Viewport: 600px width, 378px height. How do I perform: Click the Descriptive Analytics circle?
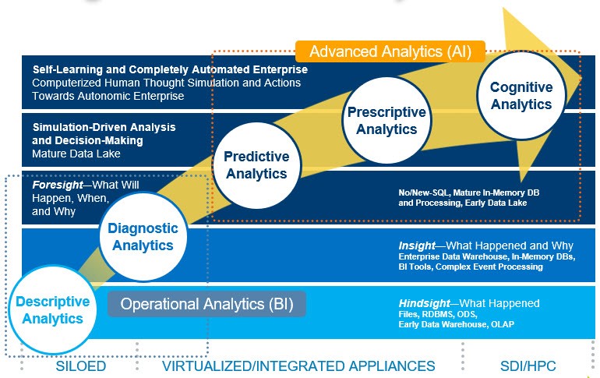[x=48, y=309]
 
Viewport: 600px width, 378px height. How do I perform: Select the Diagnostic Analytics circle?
[x=143, y=237]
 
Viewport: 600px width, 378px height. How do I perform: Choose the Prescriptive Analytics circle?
[x=386, y=120]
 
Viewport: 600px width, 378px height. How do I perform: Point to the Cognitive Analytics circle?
[x=515, y=95]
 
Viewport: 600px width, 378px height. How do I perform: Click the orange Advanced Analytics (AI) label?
[x=390, y=51]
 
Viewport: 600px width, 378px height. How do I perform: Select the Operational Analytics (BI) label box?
[x=206, y=304]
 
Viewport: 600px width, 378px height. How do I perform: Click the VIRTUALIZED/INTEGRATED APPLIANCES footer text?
[x=298, y=366]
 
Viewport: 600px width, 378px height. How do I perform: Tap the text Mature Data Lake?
[x=76, y=154]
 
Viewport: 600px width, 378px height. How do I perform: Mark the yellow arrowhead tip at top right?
[x=581, y=76]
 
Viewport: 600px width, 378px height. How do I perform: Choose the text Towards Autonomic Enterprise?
[x=108, y=96]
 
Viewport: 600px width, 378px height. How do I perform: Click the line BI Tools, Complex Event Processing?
[x=471, y=267]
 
